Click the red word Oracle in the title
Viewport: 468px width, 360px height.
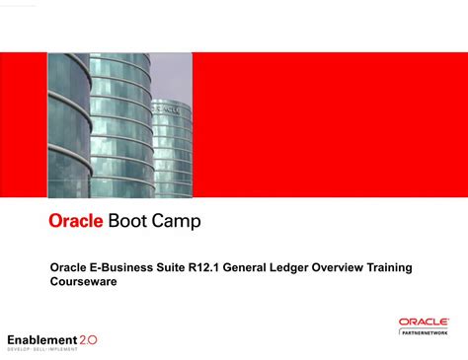coord(76,222)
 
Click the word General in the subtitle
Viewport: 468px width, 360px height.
coord(258,267)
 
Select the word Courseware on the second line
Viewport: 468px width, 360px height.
coord(84,281)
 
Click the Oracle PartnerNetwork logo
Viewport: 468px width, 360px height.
coord(425,326)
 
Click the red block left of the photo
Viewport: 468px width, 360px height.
coord(24,124)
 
